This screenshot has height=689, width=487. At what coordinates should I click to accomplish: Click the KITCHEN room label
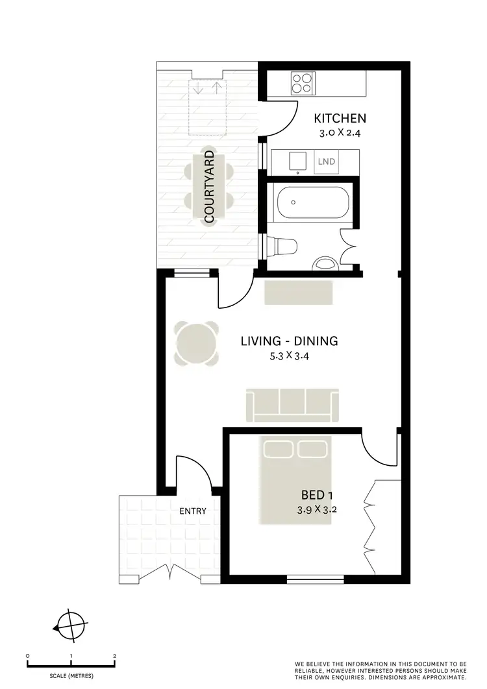click(340, 118)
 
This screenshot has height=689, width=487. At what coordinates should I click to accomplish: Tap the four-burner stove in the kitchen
click(301, 82)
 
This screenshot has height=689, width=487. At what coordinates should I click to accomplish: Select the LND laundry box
click(327, 162)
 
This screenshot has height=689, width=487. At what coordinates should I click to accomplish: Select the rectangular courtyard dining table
click(209, 186)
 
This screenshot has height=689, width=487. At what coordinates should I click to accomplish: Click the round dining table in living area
click(195, 344)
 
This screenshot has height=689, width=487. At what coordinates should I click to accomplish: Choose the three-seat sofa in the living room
click(292, 404)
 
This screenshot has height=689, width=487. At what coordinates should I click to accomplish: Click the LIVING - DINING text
click(290, 341)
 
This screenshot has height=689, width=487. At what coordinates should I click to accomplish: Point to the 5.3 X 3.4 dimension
click(290, 356)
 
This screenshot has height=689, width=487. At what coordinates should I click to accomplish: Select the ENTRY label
click(193, 511)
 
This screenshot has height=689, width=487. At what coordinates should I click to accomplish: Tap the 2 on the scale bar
click(114, 656)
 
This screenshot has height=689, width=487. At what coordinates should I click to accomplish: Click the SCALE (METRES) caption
click(71, 676)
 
